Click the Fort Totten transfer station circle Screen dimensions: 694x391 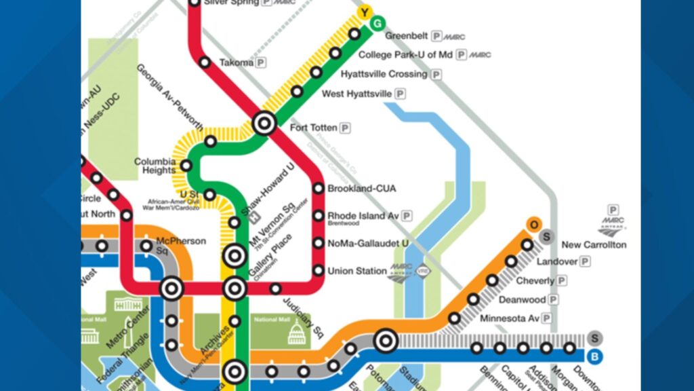coord(264,124)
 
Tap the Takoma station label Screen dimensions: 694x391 coord(236,62)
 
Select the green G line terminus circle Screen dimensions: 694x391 coord(377,24)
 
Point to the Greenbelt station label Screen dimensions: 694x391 coord(407,36)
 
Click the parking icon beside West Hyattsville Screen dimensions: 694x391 coord(400,94)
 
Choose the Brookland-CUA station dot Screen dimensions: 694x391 coord(318,188)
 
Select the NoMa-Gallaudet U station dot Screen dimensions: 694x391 coord(318,243)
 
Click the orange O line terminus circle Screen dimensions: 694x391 coord(535,225)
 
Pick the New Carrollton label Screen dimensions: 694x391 coord(594,244)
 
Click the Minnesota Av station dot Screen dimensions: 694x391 coord(455,318)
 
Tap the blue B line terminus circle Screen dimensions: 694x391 coord(595,356)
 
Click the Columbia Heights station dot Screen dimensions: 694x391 coord(186,165)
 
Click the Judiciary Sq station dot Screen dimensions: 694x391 coord(275,289)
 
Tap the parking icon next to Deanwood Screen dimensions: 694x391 coord(554,299)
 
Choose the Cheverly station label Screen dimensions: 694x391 coord(535,280)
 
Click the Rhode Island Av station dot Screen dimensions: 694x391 coord(318,216)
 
